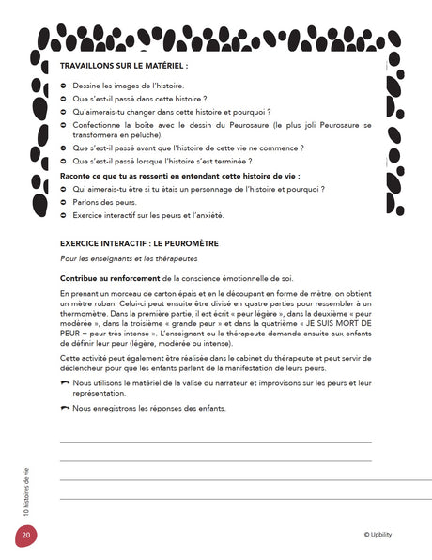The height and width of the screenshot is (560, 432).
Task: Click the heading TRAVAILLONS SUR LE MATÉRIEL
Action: [123, 67]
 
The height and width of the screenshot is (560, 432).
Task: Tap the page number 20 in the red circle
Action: [25, 536]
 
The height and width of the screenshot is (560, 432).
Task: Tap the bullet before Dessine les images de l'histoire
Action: [63, 86]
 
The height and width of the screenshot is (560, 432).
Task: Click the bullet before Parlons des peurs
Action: [63, 202]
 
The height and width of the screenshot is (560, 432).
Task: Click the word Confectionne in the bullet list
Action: [100, 124]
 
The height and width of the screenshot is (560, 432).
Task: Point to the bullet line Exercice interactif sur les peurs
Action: [147, 215]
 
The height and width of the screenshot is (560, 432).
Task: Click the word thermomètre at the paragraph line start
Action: [87, 313]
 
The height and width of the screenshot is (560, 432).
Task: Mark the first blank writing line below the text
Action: [215, 441]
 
